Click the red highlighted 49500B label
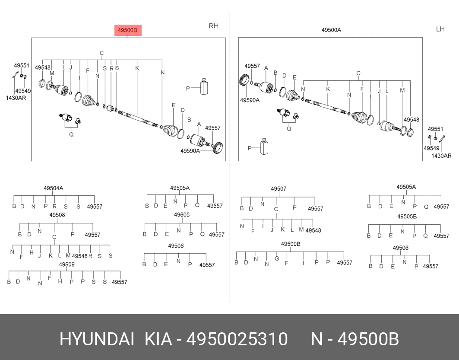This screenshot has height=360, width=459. point(128,30)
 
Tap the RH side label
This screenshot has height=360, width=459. point(213,26)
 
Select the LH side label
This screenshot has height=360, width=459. point(440,29)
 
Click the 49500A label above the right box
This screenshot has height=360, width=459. point(331,30)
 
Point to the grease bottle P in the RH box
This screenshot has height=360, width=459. point(204,86)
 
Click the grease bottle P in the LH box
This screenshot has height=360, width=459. point(264,146)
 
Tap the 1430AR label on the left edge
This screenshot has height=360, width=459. point(16,98)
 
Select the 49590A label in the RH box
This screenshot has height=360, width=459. point(190,151)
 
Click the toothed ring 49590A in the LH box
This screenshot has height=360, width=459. point(244,80)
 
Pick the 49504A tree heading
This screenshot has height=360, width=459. point(53,188)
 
